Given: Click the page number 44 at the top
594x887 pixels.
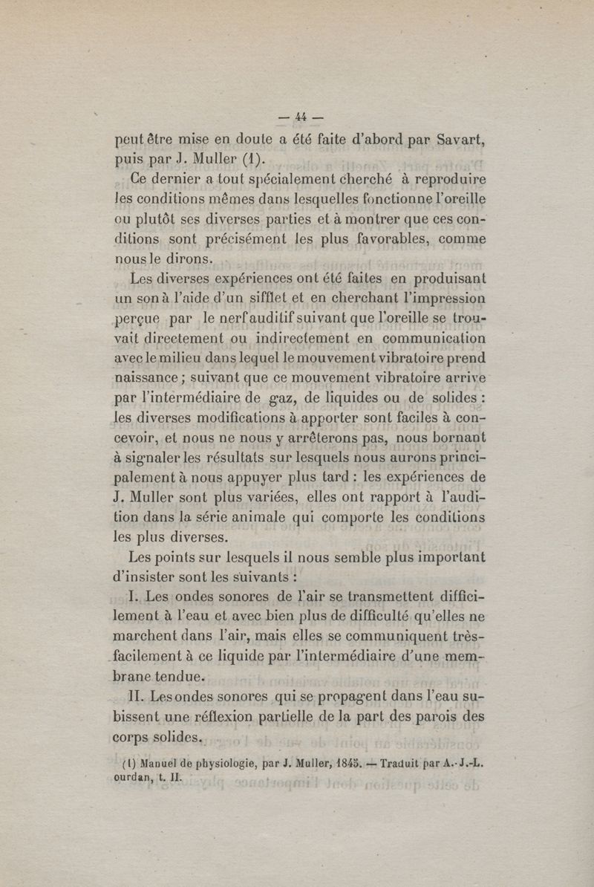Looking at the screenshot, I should (301, 116).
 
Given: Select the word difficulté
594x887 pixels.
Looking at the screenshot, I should (411, 616).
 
